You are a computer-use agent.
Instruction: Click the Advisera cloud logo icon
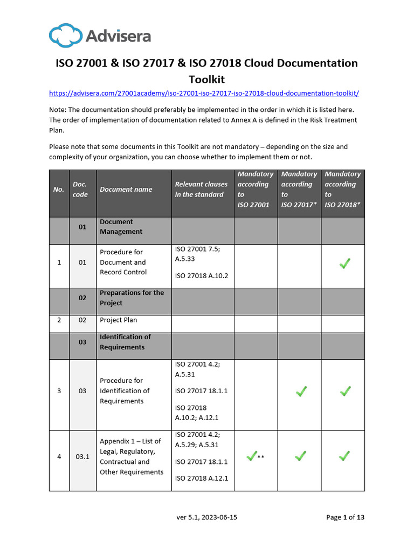point(65,36)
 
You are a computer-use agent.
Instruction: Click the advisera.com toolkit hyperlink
point(204,93)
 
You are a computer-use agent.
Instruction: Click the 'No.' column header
point(59,190)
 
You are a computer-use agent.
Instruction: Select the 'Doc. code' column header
point(80,190)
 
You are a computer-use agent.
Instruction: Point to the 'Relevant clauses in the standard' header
point(201,190)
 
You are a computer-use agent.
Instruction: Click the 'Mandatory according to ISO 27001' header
point(256,190)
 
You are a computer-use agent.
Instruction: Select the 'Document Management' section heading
point(121,227)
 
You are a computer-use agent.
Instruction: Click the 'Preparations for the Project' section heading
point(132,298)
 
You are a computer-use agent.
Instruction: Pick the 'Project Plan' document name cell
point(119,320)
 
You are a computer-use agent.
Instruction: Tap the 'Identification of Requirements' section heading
point(125,342)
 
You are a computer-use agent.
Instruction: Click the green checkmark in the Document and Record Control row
point(344,263)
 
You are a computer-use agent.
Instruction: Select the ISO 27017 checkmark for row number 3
point(301,391)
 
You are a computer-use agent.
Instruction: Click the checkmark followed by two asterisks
point(252,456)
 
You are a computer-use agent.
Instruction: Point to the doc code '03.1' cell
point(82,457)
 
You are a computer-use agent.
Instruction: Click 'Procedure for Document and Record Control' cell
point(123,262)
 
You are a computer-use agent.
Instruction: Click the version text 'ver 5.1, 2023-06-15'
point(207,517)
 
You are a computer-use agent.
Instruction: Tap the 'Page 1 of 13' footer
point(345,517)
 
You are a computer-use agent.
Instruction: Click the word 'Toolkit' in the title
point(206,79)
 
